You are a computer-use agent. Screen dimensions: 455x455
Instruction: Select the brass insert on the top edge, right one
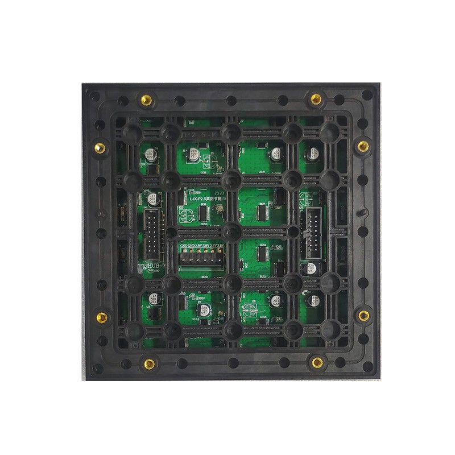(x=316, y=100)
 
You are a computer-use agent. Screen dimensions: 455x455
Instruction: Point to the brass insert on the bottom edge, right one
(x=316, y=360)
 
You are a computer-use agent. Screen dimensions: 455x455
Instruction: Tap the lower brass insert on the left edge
(x=102, y=316)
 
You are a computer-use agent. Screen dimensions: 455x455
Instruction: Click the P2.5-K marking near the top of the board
(x=199, y=133)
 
